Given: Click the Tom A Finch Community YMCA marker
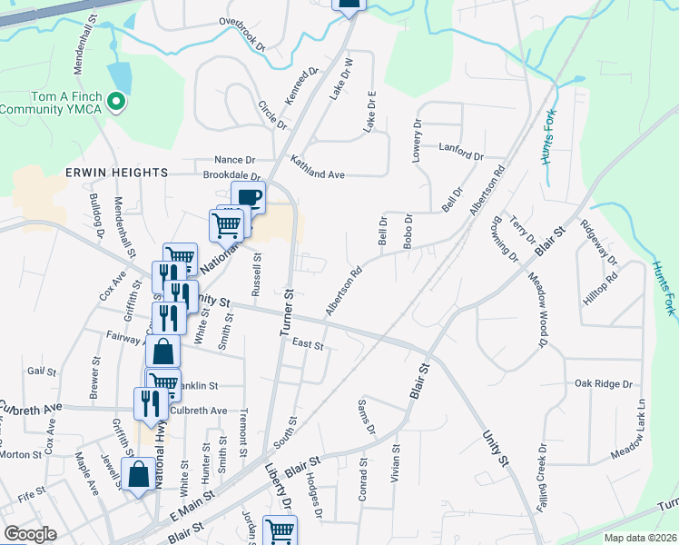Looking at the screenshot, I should pyautogui.click(x=115, y=102).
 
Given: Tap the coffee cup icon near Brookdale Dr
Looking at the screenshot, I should pyautogui.click(x=248, y=195).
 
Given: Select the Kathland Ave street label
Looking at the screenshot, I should pyautogui.click(x=318, y=167).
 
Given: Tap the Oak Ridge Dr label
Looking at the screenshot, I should pyautogui.click(x=603, y=384).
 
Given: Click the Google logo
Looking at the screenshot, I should pyautogui.click(x=30, y=534).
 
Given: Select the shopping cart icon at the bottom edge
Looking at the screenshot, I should pyautogui.click(x=280, y=530).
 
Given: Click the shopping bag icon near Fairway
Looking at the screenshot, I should pyautogui.click(x=162, y=352).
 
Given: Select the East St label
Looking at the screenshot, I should pyautogui.click(x=309, y=344).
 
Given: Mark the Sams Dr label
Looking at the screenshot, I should pyautogui.click(x=366, y=416).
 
